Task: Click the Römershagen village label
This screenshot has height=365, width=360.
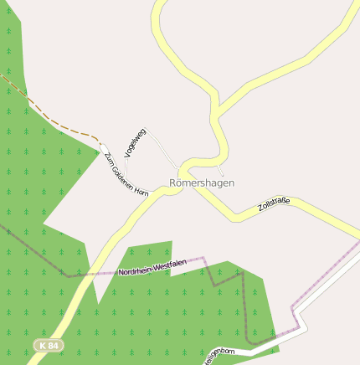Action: coord(202,182)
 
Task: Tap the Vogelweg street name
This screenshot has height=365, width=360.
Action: coord(135,143)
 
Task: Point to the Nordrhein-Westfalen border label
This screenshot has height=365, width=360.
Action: coord(152,268)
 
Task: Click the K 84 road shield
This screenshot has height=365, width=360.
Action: coord(48,345)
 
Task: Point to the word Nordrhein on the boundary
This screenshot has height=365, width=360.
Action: coord(131,271)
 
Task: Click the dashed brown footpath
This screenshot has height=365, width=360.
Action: coord(50,117)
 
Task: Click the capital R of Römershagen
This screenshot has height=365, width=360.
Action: coord(173,182)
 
